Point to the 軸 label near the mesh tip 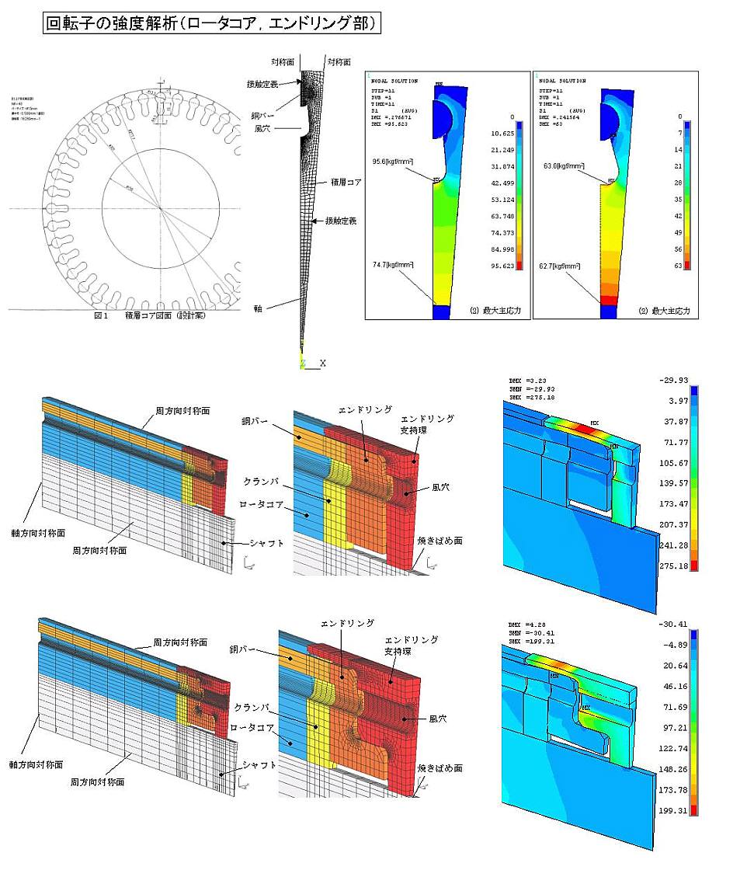(258, 308)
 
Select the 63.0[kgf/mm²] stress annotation (565, 165)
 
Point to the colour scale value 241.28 (671, 545)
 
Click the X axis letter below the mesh (322, 363)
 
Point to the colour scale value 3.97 (674, 402)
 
